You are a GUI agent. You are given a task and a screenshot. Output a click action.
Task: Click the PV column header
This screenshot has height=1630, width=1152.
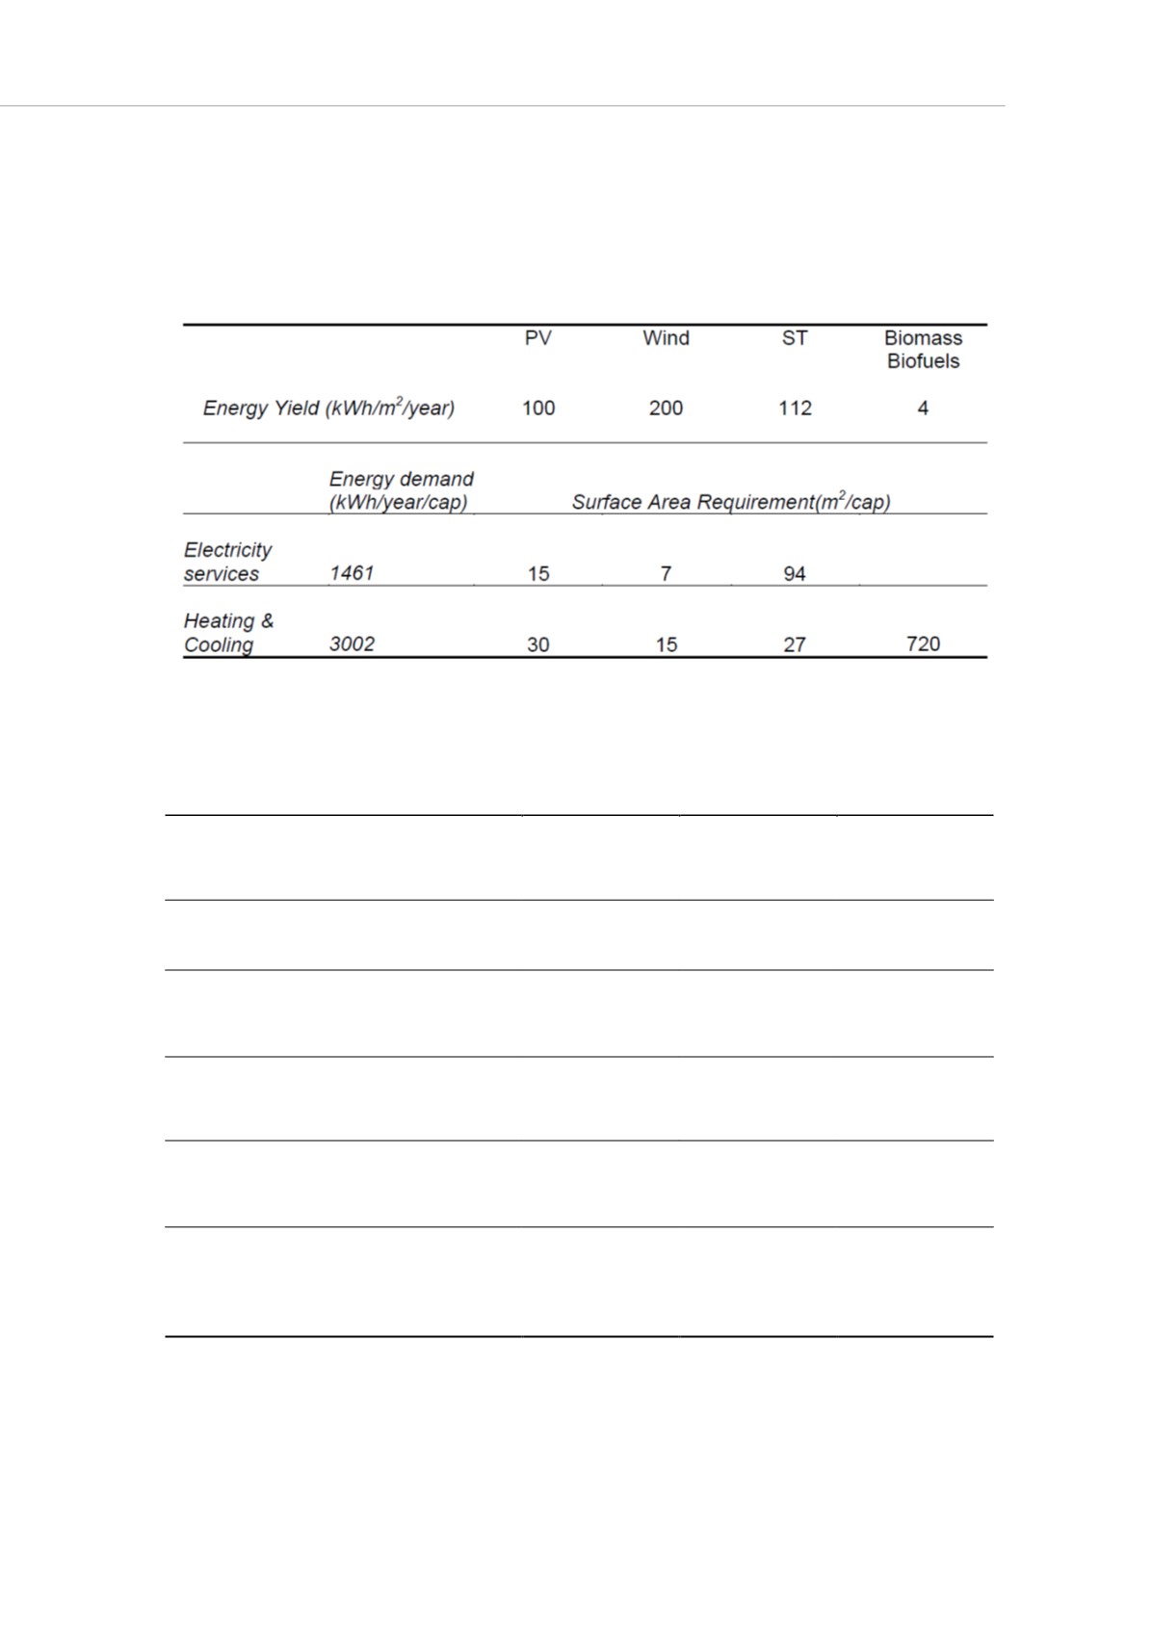[537, 338]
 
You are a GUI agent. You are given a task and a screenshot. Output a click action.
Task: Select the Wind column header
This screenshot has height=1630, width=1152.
[666, 338]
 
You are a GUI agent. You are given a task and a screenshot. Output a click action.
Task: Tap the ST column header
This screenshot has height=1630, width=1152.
[795, 338]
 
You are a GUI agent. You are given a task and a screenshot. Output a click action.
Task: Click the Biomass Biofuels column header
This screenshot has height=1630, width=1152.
[923, 350]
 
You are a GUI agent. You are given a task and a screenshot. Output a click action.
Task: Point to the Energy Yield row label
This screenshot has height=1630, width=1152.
[328, 407]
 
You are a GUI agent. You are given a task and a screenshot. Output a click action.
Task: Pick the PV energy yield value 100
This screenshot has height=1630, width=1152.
[538, 408]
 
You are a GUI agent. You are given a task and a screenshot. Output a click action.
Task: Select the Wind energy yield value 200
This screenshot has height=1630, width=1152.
[666, 408]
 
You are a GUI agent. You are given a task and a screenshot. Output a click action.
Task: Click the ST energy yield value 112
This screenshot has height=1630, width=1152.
[795, 408]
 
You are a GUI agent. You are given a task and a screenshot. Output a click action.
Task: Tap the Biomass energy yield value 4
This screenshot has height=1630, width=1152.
[923, 408]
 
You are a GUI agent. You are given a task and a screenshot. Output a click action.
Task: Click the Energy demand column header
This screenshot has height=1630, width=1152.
[401, 490]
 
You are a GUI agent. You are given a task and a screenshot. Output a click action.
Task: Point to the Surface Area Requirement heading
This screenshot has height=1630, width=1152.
[731, 502]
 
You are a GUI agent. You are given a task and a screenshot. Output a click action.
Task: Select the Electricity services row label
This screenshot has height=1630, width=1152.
[227, 562]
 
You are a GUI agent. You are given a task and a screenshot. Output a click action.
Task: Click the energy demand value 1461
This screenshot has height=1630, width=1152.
[352, 573]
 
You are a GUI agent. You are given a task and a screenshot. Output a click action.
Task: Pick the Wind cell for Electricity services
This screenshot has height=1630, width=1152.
[666, 574]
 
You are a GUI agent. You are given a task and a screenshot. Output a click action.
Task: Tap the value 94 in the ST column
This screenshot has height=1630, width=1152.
[795, 574]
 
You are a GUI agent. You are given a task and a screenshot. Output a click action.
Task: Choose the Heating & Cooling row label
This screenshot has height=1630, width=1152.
[228, 633]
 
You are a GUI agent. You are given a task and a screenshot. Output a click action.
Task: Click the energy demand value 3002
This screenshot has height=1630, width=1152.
[352, 644]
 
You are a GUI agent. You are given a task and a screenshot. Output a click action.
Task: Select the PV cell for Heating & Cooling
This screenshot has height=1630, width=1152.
[538, 644]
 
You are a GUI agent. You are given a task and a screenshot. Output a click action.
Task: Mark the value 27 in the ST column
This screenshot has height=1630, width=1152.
[795, 644]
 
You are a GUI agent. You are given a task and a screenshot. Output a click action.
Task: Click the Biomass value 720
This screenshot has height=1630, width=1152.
[923, 644]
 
